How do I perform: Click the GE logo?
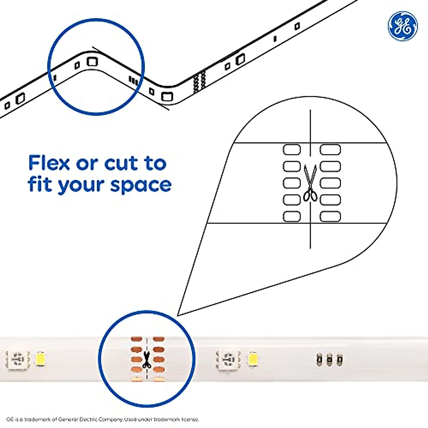pos(402,26)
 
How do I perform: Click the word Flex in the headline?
pos(49,163)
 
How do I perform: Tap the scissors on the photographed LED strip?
pos(146,360)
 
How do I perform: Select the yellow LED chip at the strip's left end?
pos(40,359)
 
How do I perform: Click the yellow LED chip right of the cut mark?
pos(253,358)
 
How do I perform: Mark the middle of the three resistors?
pos(329,359)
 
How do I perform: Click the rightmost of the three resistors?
pos(339,359)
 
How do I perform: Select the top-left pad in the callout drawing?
pos(292,149)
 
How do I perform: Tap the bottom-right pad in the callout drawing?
pos(330,216)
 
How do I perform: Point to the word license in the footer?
pos(188,419)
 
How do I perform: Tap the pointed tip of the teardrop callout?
pos(178,315)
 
